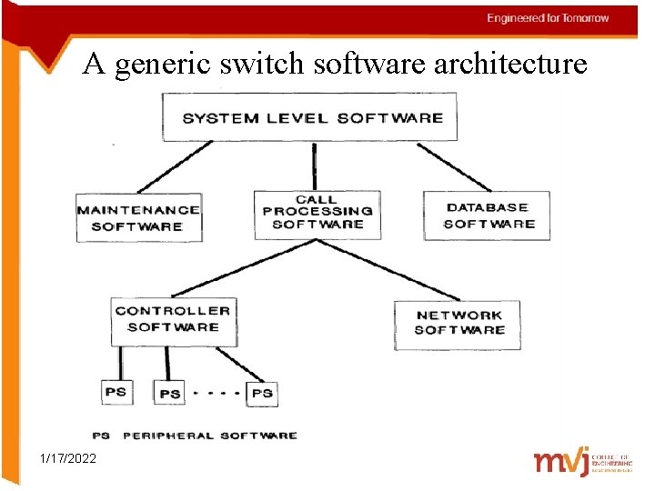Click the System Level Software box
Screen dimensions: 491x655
coord(311,117)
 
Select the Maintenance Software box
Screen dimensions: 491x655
coord(138,217)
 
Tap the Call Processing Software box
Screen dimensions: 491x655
coord(317,213)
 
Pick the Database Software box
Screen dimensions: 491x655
coord(488,215)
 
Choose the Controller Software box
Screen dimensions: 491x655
coord(173,319)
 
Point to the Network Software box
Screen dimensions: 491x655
coord(458,323)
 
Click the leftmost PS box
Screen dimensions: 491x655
coord(116,392)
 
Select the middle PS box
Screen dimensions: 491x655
coord(169,393)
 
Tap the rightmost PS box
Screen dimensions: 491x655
coord(261,393)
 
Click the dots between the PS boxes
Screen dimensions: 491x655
coord(216,393)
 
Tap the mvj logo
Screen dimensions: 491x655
coord(560,462)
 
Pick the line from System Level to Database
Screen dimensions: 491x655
coord(455,166)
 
